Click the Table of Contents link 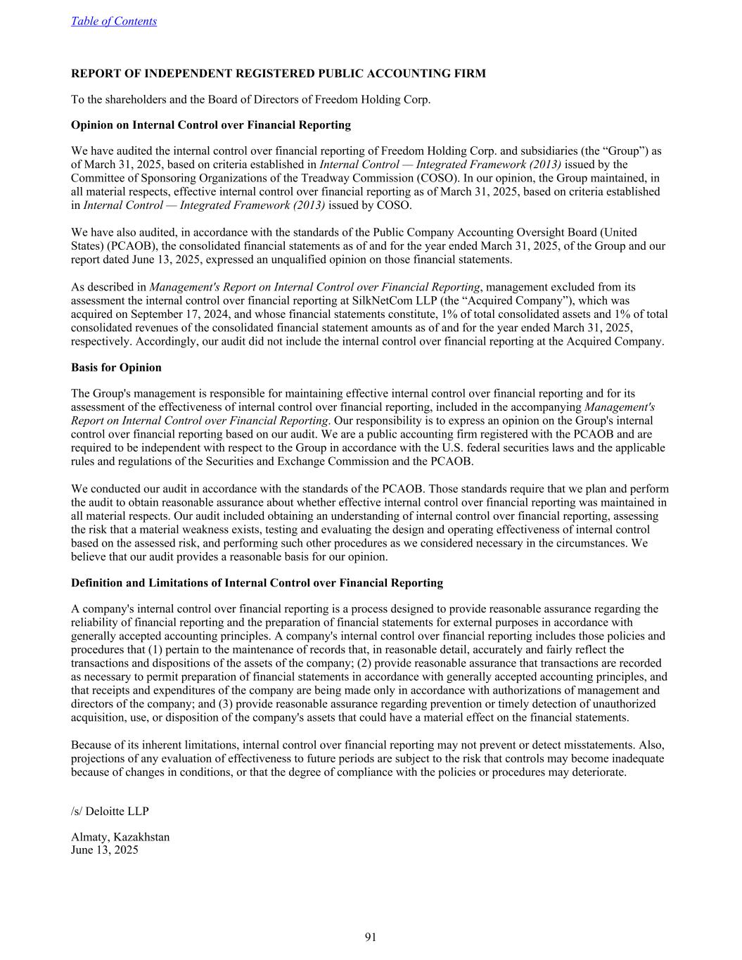pos(114,21)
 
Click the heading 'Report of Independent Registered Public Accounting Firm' pos(278,73)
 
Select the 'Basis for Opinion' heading pos(116,367)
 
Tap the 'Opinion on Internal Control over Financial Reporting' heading pos(210,125)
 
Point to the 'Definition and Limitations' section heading pos(257,582)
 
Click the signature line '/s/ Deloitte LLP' pos(110,811)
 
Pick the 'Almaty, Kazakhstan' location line pos(120,837)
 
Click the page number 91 pos(371,937)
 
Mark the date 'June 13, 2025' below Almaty pos(105,850)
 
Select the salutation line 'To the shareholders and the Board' pos(250,99)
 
